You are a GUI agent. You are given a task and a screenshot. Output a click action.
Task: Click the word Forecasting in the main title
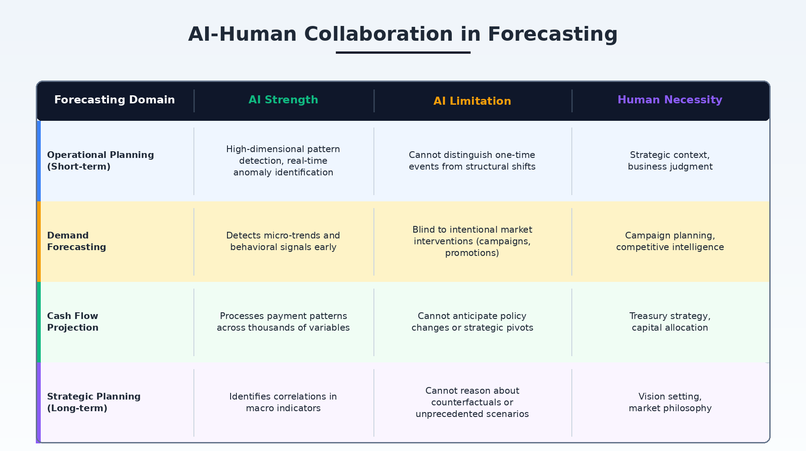(x=553, y=34)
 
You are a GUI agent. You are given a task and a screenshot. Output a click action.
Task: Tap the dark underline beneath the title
(x=403, y=52)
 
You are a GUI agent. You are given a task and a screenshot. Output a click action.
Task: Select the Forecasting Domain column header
(x=115, y=100)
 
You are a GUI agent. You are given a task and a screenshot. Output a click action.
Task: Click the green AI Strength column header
(x=283, y=100)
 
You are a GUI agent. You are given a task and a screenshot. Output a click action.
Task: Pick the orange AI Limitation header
(x=472, y=101)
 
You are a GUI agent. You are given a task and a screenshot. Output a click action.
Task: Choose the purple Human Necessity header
(x=670, y=100)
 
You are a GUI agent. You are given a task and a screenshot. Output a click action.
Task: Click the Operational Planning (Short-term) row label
(x=100, y=161)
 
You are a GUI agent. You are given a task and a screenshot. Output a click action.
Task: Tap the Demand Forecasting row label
(x=77, y=241)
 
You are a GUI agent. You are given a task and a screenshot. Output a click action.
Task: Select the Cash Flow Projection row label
(x=73, y=322)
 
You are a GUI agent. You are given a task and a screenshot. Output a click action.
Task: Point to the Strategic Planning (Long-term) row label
(x=94, y=402)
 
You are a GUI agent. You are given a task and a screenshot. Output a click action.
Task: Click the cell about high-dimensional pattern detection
(x=283, y=161)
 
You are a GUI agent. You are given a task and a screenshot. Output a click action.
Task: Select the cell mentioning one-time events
(x=472, y=161)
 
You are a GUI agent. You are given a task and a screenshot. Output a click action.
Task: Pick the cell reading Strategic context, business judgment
(x=670, y=161)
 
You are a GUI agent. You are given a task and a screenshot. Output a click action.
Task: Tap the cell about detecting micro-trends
(x=283, y=241)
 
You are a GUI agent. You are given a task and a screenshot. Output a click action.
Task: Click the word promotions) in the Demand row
(x=472, y=253)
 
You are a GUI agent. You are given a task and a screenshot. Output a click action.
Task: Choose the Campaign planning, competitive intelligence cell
(x=670, y=241)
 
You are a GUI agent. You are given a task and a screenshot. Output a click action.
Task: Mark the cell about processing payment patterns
(x=283, y=322)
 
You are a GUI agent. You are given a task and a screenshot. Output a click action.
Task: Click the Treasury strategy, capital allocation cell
(x=670, y=322)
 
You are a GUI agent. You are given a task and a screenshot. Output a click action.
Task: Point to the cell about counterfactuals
(x=472, y=402)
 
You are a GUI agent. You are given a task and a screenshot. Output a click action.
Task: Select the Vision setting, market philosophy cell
(x=670, y=402)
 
